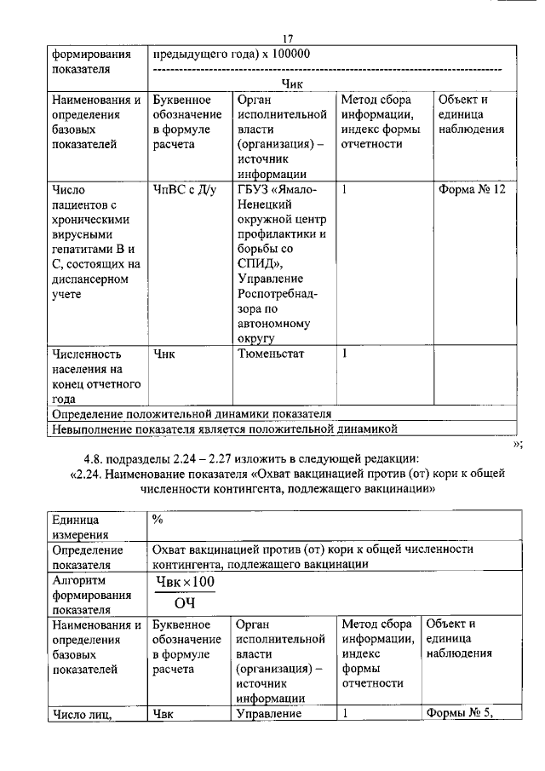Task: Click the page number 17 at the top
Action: [287, 38]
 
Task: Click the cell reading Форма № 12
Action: [472, 189]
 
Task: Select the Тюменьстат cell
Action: [272, 352]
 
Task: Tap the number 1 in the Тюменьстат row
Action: [345, 352]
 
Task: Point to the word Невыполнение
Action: [91, 429]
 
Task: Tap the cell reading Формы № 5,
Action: [460, 714]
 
